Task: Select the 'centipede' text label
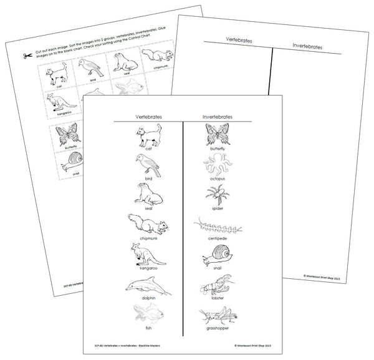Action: tap(215, 238)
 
